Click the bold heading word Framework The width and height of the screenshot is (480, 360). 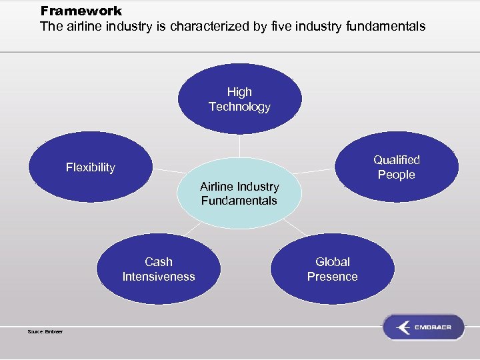[81, 11]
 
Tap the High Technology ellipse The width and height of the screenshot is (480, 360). [239, 99]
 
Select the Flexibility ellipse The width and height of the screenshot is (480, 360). [91, 167]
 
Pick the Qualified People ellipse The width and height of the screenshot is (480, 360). [397, 167]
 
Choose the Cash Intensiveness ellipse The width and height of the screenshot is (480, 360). [159, 269]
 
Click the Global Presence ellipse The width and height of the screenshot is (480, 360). [333, 269]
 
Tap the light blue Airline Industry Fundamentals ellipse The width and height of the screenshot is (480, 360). [239, 193]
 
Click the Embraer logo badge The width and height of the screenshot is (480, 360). [423, 327]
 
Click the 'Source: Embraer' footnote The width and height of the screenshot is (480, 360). [45, 331]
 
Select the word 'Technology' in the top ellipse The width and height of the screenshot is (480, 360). [239, 107]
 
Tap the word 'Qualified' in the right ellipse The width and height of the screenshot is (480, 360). [397, 160]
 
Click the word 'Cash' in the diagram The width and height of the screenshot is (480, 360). [159, 262]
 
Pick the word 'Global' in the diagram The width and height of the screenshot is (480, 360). [333, 262]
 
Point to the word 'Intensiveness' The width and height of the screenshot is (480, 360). [159, 277]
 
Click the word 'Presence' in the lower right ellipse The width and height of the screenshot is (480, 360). [333, 277]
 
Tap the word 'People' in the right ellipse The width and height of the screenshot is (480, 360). [397, 175]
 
